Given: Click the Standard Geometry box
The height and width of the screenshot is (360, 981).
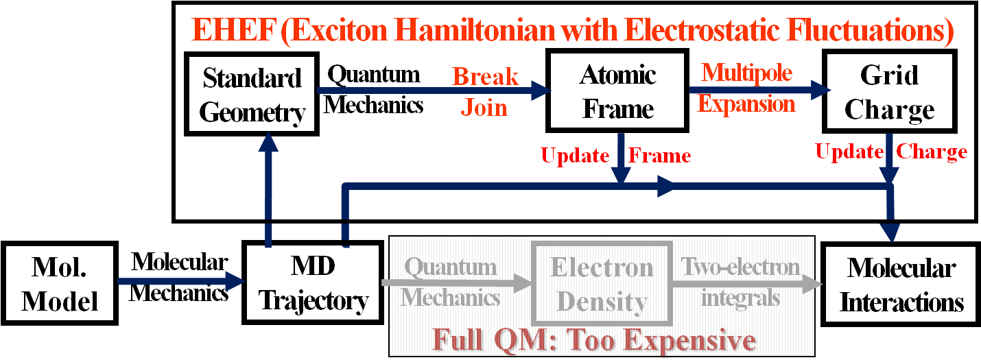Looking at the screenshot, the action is (251, 94).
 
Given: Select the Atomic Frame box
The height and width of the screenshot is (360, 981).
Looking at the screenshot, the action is (617, 91).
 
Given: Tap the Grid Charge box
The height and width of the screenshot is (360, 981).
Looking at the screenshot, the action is (889, 91).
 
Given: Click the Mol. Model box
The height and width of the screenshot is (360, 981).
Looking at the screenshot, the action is (60, 283).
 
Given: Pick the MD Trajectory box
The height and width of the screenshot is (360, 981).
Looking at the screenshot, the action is (313, 283).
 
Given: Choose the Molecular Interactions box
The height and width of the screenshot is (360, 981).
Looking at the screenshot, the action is (901, 285).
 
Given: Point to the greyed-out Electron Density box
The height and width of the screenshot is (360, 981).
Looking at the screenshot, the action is (602, 284).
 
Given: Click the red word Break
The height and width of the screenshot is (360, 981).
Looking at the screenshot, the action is (485, 77).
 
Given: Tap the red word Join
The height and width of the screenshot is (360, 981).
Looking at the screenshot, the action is (484, 107).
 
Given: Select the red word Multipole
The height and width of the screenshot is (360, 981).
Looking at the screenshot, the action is (746, 73).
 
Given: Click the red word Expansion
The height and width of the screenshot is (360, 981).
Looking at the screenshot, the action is (746, 104).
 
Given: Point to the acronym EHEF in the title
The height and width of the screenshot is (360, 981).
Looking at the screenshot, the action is (234, 30).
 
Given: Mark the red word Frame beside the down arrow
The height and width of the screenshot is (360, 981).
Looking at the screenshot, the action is (659, 156).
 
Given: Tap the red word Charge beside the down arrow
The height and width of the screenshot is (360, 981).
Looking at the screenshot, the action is (932, 152).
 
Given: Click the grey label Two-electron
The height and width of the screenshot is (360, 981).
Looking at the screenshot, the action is (740, 267).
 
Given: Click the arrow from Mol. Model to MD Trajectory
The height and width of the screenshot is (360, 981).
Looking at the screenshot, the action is (181, 280).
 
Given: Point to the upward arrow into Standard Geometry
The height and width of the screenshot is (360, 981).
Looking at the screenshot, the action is (268, 190).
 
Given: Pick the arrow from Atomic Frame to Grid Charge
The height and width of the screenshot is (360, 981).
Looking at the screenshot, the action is (760, 91).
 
